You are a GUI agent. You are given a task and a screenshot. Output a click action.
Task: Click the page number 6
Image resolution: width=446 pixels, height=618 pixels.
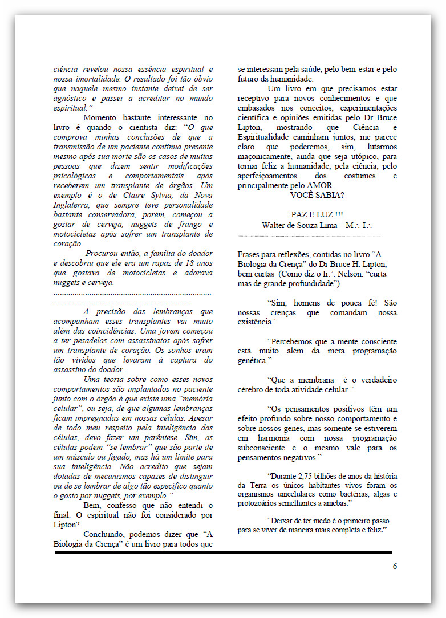pos(395,566)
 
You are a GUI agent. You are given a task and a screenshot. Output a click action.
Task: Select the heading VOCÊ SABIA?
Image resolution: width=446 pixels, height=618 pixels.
pos(317,195)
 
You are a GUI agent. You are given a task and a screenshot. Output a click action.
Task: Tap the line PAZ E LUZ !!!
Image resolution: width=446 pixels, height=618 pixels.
pos(317,214)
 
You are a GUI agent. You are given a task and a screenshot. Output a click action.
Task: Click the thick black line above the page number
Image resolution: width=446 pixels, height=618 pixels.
pos(223,552)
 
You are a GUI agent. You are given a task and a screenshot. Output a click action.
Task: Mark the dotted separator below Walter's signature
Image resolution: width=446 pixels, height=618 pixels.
pos(310,235)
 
